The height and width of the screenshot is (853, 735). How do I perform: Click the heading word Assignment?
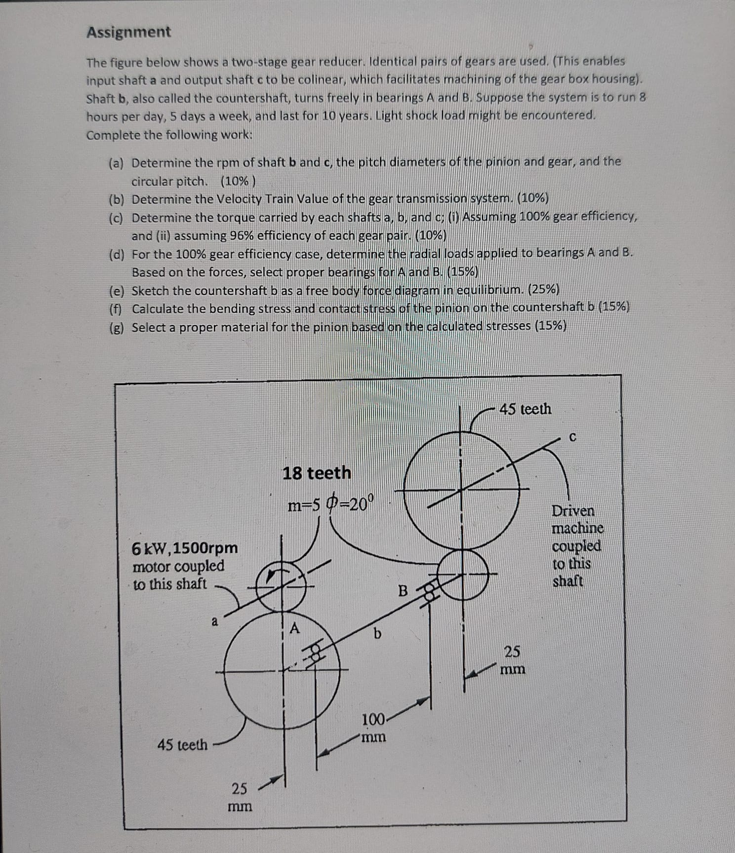(128, 32)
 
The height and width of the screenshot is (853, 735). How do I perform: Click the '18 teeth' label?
(317, 473)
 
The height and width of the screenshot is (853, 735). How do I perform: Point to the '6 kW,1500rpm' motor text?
(185, 548)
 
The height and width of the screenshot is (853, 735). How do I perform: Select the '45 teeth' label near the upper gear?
(525, 409)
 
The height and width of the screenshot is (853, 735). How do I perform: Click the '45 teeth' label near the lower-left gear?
(182, 744)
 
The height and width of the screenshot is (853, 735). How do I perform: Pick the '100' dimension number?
(373, 720)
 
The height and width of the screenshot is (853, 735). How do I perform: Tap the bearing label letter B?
(403, 590)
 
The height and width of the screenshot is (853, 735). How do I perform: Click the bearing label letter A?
(295, 628)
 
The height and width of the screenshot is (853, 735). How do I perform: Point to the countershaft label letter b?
(377, 633)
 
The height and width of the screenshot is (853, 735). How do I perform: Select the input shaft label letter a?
(214, 621)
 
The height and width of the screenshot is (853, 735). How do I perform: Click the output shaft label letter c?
(572, 437)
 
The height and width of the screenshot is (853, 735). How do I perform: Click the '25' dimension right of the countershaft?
(512, 652)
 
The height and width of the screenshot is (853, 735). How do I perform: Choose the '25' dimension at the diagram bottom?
(240, 788)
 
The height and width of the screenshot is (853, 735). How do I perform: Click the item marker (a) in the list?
(117, 163)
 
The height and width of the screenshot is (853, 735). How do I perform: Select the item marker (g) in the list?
(117, 328)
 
